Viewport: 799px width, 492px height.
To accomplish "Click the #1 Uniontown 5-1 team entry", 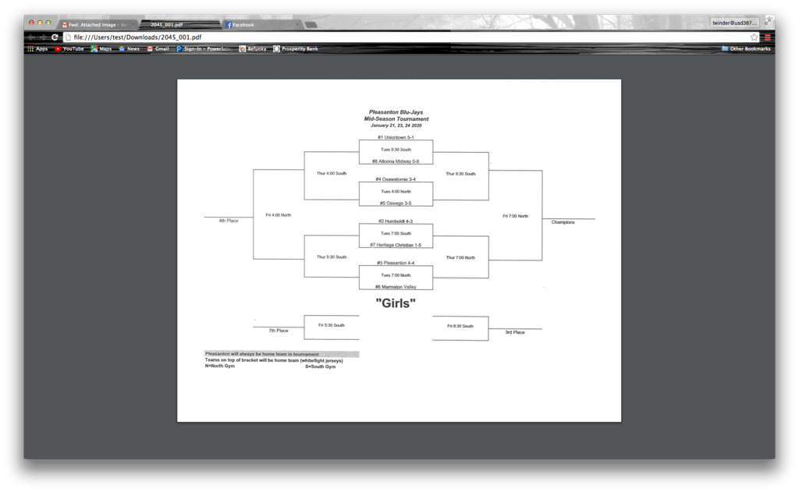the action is (396, 137).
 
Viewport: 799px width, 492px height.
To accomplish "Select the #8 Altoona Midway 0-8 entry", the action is (396, 161).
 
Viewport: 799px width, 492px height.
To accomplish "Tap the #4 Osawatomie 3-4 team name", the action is (396, 179).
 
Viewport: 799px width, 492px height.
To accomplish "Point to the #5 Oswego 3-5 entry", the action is (396, 204).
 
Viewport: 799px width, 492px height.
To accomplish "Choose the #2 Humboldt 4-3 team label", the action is (396, 221).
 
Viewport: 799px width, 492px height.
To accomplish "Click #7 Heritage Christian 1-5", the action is (396, 245).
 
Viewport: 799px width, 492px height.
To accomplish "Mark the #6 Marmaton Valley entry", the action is (396, 287).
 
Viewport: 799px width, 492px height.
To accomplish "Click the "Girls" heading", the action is (396, 303).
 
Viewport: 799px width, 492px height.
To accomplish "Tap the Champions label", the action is (563, 222).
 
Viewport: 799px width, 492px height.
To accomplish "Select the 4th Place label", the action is (229, 221).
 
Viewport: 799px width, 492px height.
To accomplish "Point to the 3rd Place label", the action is (514, 332).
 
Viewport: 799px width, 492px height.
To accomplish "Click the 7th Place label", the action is (279, 331).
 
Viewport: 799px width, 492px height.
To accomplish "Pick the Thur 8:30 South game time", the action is (460, 174).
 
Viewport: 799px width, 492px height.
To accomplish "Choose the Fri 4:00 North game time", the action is (279, 214).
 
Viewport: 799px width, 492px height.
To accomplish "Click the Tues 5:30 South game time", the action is (396, 149).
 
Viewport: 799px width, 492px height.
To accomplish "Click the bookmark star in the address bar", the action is (754, 37).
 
